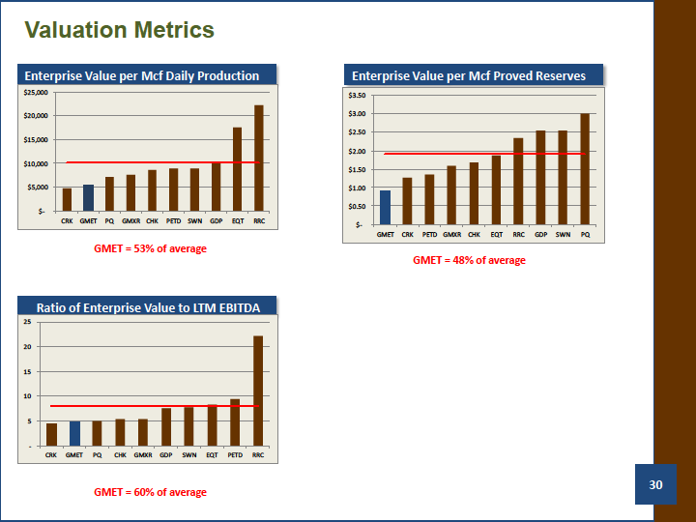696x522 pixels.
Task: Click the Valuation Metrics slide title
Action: pyautogui.click(x=120, y=30)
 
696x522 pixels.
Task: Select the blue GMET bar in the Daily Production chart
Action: pyautogui.click(x=88, y=197)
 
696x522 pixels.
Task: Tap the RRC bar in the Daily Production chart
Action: pyautogui.click(x=259, y=158)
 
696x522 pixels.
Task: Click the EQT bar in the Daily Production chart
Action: pyautogui.click(x=238, y=169)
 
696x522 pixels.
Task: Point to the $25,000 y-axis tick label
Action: pyautogui.click(x=36, y=93)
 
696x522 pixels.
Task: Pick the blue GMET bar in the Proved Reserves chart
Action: pyautogui.click(x=386, y=207)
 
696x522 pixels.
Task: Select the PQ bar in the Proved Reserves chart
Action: pyautogui.click(x=585, y=169)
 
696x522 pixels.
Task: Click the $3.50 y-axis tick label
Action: pyautogui.click(x=357, y=96)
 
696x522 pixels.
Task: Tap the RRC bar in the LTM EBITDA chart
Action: pyautogui.click(x=258, y=391)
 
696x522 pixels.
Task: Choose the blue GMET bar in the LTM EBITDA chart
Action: pyautogui.click(x=75, y=434)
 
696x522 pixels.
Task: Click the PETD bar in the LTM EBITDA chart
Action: pyautogui.click(x=235, y=422)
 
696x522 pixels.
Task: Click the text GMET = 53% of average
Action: pyautogui.click(x=150, y=248)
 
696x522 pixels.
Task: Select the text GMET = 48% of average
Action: pyautogui.click(x=469, y=260)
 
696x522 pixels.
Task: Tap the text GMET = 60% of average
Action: pyautogui.click(x=150, y=492)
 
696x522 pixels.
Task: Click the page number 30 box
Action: pyautogui.click(x=655, y=484)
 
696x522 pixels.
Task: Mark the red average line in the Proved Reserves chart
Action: pyautogui.click(x=484, y=154)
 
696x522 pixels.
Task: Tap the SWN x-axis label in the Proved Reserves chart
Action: pyautogui.click(x=563, y=234)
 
